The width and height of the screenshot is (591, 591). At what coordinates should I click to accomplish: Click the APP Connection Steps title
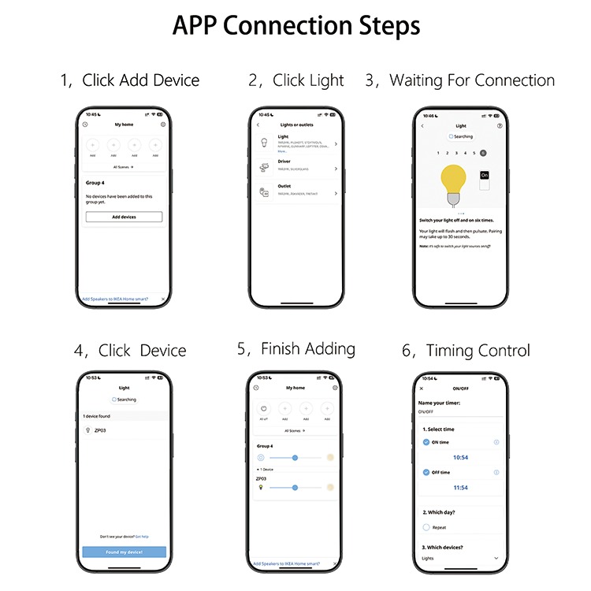tap(295, 25)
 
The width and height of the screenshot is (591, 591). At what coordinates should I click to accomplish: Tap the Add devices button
tap(124, 217)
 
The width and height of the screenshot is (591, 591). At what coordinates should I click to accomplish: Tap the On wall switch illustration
tap(485, 180)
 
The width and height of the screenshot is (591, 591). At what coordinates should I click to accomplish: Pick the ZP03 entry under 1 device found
tap(101, 430)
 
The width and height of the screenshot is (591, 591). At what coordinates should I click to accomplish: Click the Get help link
tap(141, 537)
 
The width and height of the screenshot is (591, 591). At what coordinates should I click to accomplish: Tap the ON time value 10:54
tap(460, 458)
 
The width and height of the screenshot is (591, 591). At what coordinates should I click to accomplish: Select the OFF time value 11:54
tap(460, 488)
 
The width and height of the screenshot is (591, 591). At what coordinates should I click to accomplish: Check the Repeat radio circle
tap(426, 527)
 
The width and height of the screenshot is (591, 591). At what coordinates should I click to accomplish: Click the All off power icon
tap(264, 408)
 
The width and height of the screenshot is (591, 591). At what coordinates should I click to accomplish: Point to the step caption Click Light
tap(296, 80)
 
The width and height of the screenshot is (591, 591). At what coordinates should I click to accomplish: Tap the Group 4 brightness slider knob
tap(295, 457)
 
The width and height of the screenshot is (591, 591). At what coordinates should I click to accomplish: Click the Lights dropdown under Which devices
tap(460, 558)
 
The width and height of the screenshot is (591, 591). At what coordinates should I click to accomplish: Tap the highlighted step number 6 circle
tap(483, 153)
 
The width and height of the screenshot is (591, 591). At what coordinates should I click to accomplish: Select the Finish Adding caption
tap(296, 349)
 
